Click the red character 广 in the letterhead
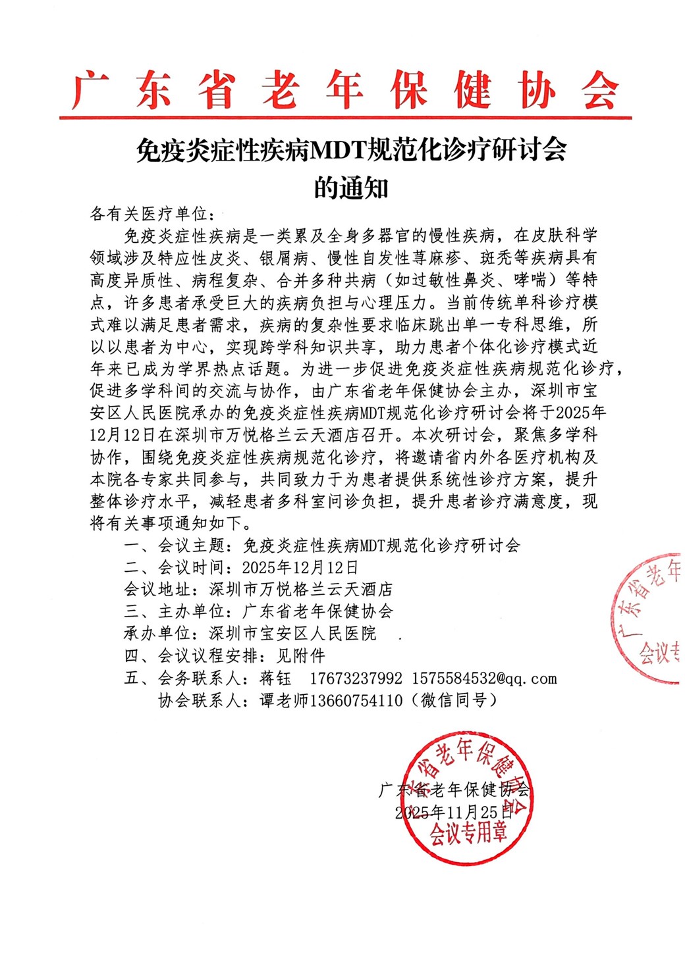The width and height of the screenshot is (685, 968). [x=91, y=90]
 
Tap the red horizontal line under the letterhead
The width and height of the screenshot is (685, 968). [x=345, y=118]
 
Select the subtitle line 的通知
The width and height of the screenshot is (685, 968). [x=350, y=188]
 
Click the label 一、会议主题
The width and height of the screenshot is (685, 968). [x=175, y=546]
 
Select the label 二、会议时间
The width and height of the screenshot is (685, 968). [x=175, y=567]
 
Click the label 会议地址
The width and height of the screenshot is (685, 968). [x=157, y=589]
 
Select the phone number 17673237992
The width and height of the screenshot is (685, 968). [x=356, y=678]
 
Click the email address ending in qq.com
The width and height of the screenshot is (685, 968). [x=484, y=678]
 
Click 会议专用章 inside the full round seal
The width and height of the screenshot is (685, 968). [x=468, y=834]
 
